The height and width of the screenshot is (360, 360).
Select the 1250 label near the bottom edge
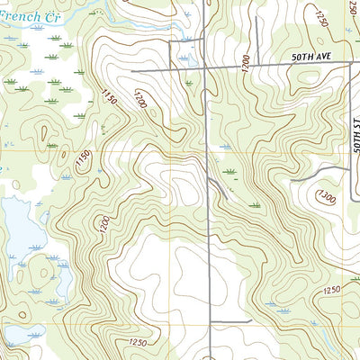click(137, 343)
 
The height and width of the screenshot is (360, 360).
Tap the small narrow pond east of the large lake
click(66, 283)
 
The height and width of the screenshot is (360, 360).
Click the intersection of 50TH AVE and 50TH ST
click(350, 66)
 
